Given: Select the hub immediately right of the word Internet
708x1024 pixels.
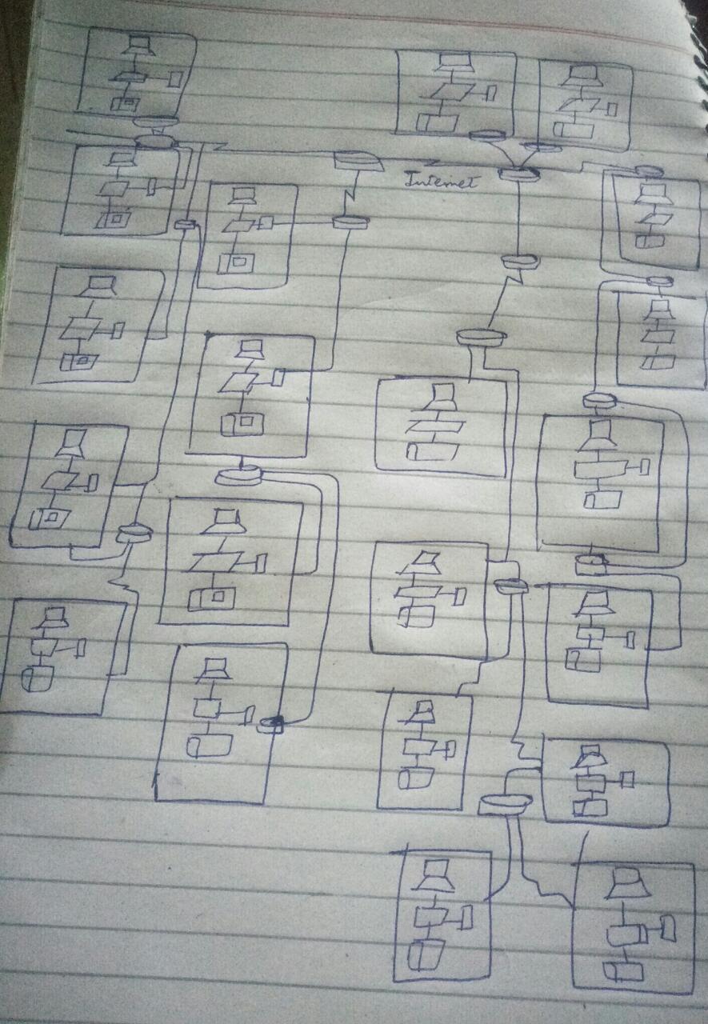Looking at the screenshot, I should [x=515, y=174].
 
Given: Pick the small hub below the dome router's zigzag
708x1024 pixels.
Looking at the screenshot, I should [x=350, y=222].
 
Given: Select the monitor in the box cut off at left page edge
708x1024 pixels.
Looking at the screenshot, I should [x=54, y=618].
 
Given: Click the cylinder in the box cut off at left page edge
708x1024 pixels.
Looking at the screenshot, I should [x=37, y=681].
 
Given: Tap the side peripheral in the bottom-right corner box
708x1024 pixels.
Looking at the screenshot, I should [x=666, y=928].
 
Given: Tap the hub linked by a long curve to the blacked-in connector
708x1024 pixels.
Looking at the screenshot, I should [x=238, y=475].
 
